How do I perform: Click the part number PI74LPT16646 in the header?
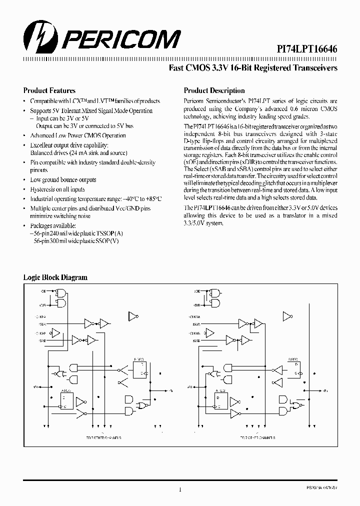pos(307,48)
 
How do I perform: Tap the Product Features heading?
pos(49,90)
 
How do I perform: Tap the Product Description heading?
pos(214,90)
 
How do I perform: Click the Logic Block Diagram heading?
pos(55,277)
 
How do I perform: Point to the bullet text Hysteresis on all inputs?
pos(57,189)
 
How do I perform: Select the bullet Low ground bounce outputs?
pos(63,180)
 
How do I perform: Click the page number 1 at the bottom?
pos(179,490)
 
